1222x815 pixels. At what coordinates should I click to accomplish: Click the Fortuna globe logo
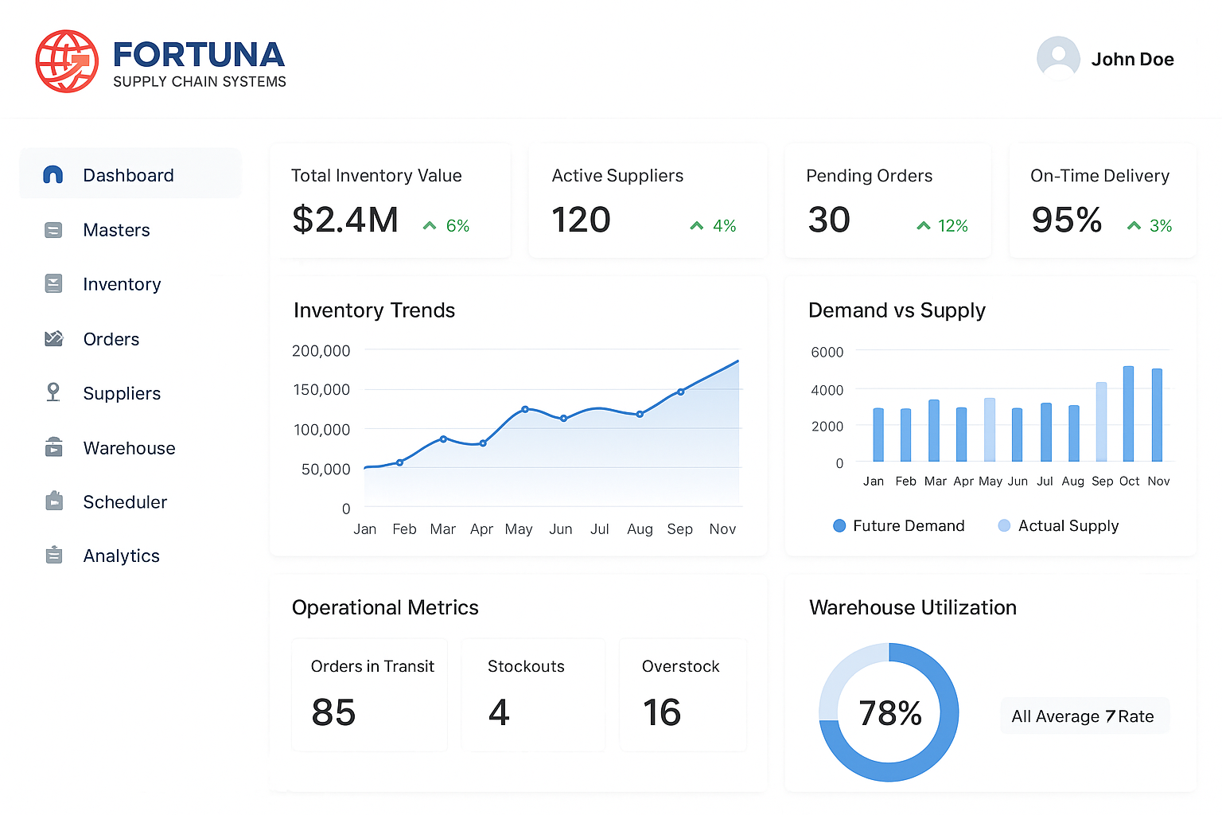pos(67,61)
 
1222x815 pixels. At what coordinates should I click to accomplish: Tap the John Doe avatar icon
pos(1058,58)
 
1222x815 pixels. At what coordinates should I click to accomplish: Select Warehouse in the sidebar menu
pos(129,448)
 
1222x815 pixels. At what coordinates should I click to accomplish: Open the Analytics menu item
pos(121,556)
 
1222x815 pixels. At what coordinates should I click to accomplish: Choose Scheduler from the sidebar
pos(125,502)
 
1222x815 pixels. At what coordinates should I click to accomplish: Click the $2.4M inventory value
pos(345,220)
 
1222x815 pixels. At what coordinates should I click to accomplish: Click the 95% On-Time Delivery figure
pos(1066,220)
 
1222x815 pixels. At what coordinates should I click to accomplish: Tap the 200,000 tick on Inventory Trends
pos(321,351)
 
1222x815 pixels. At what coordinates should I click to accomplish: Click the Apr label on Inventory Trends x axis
pos(481,529)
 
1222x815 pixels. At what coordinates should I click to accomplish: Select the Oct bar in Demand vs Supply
pos(1128,414)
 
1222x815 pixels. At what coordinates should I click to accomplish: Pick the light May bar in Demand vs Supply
pos(990,430)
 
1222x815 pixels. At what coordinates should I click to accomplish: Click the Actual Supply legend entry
pos(1058,526)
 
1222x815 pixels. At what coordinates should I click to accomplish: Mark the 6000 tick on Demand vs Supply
pos(827,352)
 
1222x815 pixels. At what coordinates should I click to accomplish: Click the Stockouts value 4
pos(499,712)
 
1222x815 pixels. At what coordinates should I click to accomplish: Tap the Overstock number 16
pos(662,712)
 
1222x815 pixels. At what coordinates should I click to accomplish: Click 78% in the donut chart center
pos(889,713)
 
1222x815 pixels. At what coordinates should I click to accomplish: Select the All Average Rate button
pos(1084,716)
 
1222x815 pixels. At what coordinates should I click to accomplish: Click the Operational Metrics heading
pos(385,608)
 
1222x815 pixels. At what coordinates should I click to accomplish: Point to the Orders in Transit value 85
pos(333,712)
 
